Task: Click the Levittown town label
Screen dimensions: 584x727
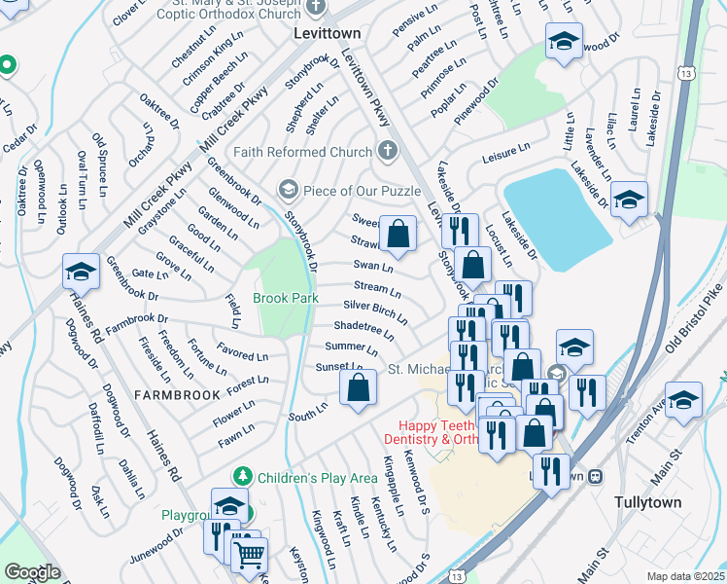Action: (327, 33)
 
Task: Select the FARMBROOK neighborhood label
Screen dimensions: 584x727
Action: (171, 395)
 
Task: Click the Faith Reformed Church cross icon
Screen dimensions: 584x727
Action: (388, 151)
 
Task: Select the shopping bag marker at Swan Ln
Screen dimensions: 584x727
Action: (398, 235)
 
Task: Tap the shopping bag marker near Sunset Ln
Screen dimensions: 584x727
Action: (359, 387)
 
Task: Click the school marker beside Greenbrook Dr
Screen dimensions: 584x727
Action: (81, 273)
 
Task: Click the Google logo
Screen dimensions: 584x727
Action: (31, 572)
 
